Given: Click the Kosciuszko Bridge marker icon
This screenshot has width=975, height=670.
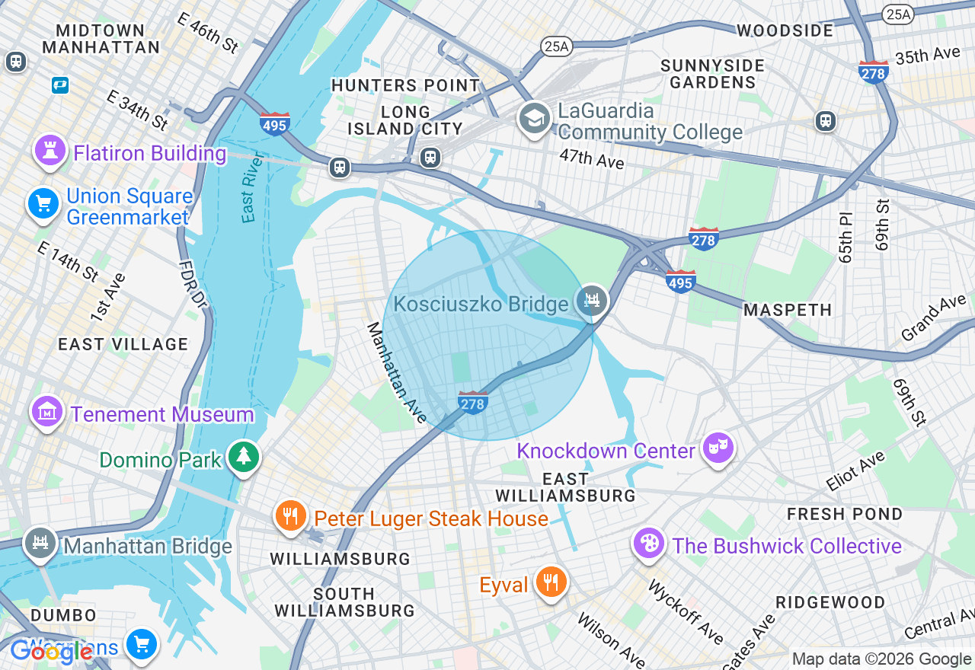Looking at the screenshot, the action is [592, 301].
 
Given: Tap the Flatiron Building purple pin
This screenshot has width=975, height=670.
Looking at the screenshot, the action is [51, 152].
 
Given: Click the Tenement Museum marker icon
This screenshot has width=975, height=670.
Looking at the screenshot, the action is [47, 412].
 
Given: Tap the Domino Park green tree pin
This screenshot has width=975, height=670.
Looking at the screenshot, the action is [244, 457].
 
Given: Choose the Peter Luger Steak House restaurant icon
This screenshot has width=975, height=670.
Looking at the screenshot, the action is [289, 517].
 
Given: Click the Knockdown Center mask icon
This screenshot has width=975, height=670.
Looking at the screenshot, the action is [718, 448].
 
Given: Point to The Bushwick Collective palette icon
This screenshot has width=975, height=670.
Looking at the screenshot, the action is [649, 544].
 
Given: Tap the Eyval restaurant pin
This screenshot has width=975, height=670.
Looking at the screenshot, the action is [549, 582].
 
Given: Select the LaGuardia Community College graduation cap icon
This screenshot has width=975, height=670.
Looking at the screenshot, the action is [535, 118].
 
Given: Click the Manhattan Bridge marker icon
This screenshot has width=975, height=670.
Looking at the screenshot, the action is [40, 544].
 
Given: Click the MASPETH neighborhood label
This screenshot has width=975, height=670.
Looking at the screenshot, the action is [787, 310].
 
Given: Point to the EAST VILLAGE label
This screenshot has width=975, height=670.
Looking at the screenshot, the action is [123, 344].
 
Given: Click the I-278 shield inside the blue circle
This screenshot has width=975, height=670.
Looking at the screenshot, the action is [473, 402].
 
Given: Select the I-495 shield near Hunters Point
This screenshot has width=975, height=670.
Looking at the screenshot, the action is [274, 123].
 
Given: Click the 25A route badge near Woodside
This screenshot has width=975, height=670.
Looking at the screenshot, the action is [898, 14].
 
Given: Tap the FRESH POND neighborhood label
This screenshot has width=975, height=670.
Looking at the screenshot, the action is [845, 514].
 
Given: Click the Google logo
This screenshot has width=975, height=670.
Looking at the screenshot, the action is [51, 652].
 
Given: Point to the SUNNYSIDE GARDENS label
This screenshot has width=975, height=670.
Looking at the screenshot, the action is [712, 74].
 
